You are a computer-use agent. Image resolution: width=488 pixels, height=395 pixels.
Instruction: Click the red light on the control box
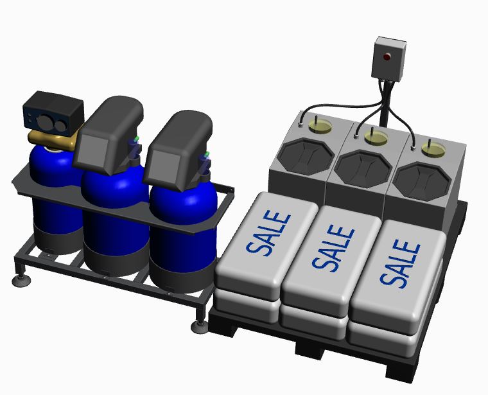(x=387, y=57)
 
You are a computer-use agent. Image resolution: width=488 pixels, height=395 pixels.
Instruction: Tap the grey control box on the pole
(x=388, y=59)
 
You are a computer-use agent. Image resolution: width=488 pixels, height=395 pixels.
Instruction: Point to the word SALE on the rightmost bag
(x=400, y=264)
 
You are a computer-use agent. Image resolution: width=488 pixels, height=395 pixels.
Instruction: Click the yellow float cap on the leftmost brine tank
(x=320, y=126)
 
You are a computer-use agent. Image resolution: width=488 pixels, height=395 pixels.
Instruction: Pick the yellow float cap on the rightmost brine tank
(x=433, y=148)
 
